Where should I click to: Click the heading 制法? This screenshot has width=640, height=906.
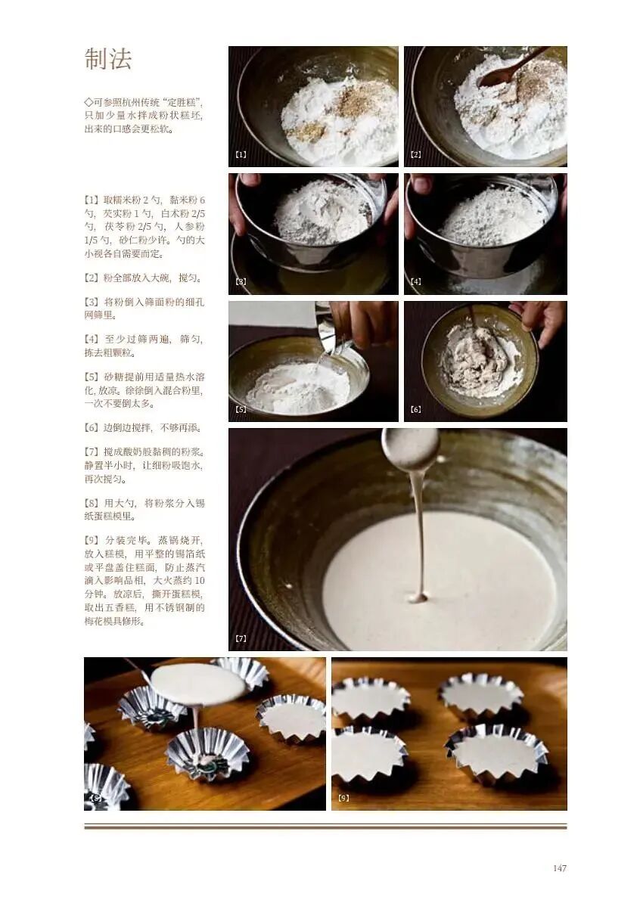coord(108,60)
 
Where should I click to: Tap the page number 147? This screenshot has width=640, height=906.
coord(559,868)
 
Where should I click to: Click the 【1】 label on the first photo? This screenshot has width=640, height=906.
coord(241,154)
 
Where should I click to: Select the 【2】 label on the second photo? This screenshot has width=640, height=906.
coord(415,154)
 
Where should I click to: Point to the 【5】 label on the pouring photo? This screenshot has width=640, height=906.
coord(241,409)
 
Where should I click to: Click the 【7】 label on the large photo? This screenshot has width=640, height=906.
coord(241,638)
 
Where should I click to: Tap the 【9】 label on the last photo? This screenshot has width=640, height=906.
coord(343,798)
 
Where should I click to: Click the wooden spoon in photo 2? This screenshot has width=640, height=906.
coord(511,69)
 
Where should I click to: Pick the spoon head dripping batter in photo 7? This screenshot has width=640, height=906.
coord(410,448)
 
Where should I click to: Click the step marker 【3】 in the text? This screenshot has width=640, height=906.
coord(93,303)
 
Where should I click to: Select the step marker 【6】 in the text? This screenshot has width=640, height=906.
coord(93,428)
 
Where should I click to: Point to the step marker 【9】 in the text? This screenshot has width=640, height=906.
coord(93,540)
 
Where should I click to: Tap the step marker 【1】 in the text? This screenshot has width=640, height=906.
coord(93,200)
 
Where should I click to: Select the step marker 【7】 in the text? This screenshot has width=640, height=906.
coord(93,451)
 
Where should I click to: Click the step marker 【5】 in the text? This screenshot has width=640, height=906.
coord(93,377)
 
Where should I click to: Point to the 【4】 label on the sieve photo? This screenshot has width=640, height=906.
coord(415,281)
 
